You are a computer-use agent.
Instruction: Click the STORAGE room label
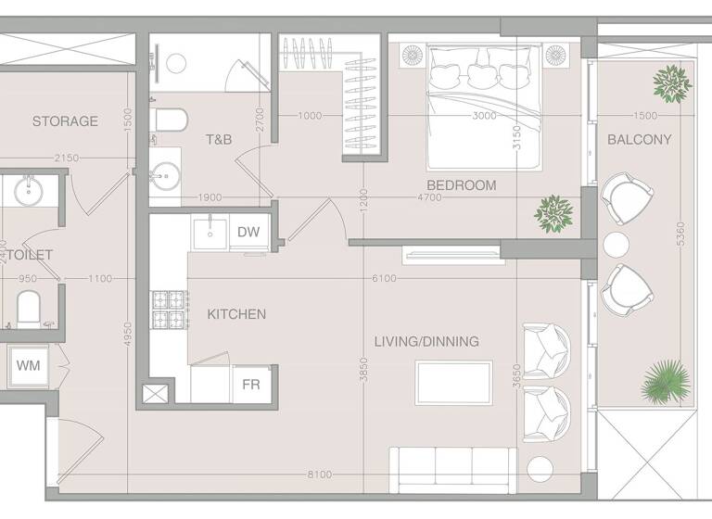click(x=65, y=121)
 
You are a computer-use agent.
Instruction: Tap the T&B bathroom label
click(x=219, y=140)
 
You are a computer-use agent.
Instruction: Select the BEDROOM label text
click(x=462, y=185)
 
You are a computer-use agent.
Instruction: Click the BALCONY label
click(x=639, y=140)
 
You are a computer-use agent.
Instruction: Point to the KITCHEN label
click(x=236, y=315)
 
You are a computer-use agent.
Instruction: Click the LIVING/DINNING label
click(x=426, y=342)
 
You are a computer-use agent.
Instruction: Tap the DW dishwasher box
click(x=248, y=233)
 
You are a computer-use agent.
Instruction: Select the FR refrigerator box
click(x=250, y=384)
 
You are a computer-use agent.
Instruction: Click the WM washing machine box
click(x=27, y=365)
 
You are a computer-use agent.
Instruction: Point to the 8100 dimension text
click(x=319, y=475)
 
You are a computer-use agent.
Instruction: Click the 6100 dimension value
click(x=383, y=279)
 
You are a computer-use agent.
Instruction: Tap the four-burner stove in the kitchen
click(x=169, y=310)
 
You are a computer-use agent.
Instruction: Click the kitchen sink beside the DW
click(x=210, y=233)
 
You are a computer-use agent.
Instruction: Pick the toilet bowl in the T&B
click(x=169, y=120)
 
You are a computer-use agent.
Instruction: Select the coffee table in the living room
click(x=453, y=383)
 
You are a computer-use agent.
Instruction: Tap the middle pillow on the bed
click(x=481, y=73)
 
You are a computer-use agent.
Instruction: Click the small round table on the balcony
click(x=617, y=245)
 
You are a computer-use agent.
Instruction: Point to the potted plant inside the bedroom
click(x=553, y=213)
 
